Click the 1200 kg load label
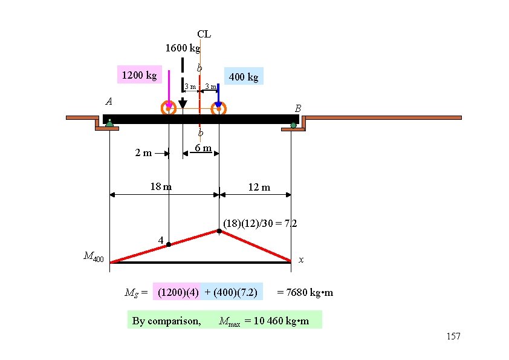click(x=139, y=76)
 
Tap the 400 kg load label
click(x=244, y=77)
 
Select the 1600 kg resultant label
click(x=183, y=48)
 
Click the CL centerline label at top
click(x=204, y=34)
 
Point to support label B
click(x=298, y=108)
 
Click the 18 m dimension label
click(x=161, y=186)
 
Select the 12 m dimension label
click(x=259, y=187)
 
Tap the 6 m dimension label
click(x=203, y=148)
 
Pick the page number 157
click(x=452, y=336)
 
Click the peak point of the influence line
click(x=219, y=231)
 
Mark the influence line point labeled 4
click(x=169, y=244)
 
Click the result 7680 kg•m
click(x=305, y=293)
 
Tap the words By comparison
click(x=166, y=321)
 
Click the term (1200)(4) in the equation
click(x=178, y=293)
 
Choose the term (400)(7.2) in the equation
click(x=232, y=293)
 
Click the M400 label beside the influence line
click(x=94, y=258)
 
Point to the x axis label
click(x=301, y=260)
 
